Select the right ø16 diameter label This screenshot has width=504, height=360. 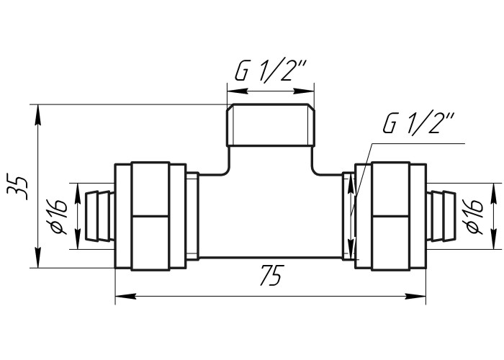pos(474,215)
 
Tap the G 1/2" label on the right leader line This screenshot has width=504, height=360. pos(418,123)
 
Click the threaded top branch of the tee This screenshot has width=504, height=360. pos(271,125)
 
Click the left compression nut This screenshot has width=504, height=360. pos(150,216)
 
